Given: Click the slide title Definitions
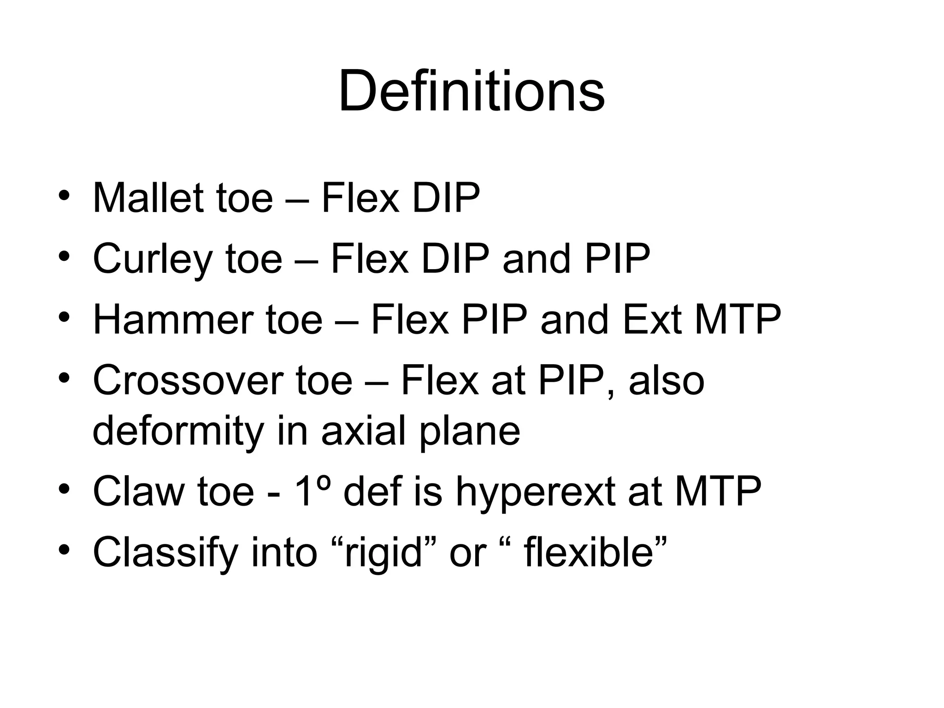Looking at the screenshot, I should click(471, 91).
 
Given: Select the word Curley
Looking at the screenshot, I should click(153, 259).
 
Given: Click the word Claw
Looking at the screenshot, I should click(138, 491).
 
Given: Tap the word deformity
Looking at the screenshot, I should click(178, 431).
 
